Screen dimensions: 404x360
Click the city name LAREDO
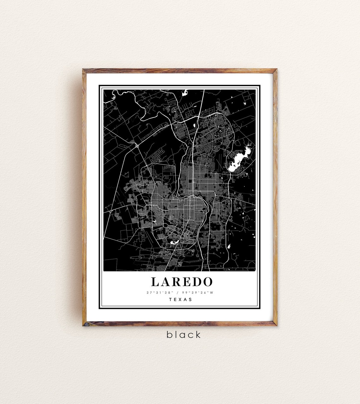click(x=182, y=281)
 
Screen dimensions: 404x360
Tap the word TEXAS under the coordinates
click(x=180, y=299)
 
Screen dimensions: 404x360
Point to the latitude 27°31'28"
click(x=160, y=292)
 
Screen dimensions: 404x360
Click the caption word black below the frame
click(x=183, y=335)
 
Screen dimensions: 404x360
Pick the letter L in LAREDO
click(x=155, y=281)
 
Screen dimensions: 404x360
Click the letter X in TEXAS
click(x=180, y=299)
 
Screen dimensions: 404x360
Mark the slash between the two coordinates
click(x=178, y=292)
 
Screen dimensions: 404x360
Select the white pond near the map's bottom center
click(x=173, y=242)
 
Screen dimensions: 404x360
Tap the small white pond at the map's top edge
click(x=185, y=93)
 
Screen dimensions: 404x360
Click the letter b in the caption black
click(x=169, y=335)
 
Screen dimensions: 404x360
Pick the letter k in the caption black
click(x=197, y=335)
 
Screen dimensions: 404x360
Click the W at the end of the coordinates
click(x=212, y=292)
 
